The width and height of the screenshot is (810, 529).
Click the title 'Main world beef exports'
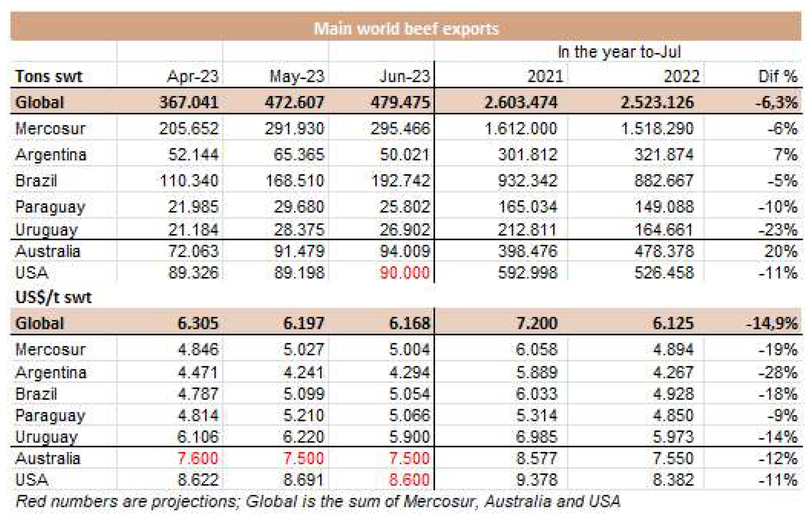(406, 29)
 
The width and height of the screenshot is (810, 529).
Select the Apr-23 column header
(193, 76)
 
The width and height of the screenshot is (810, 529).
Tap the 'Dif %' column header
(777, 76)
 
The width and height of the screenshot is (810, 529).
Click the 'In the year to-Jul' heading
(619, 52)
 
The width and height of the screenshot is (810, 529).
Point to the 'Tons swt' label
(49, 76)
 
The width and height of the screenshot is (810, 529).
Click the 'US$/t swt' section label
(53, 297)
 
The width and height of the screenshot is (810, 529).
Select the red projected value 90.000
(405, 273)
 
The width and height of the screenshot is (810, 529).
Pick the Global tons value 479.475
(400, 102)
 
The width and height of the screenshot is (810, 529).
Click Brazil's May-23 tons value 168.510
(294, 181)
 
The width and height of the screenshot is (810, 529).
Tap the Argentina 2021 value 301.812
(528, 155)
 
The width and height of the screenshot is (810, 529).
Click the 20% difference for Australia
(780, 251)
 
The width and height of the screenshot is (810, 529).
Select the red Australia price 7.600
(198, 458)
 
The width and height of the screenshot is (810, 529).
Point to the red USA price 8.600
(409, 480)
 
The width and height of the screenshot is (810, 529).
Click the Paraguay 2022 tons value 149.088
(664, 207)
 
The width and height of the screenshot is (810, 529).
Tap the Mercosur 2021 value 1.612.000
(521, 129)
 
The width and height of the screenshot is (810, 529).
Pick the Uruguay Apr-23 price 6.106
(198, 437)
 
